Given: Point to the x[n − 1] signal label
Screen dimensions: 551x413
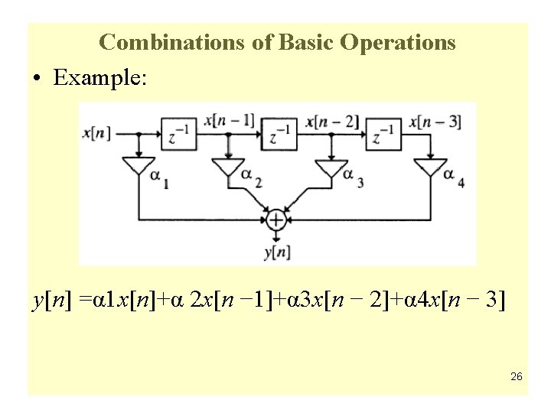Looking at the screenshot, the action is point(230,120).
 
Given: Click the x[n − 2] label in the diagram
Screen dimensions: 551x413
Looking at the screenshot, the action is point(331,120).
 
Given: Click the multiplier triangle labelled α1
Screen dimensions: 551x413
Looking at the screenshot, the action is point(138,167).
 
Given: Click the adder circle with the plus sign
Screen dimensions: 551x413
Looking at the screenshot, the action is point(275,220).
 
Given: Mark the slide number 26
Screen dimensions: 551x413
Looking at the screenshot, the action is point(516,376).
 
